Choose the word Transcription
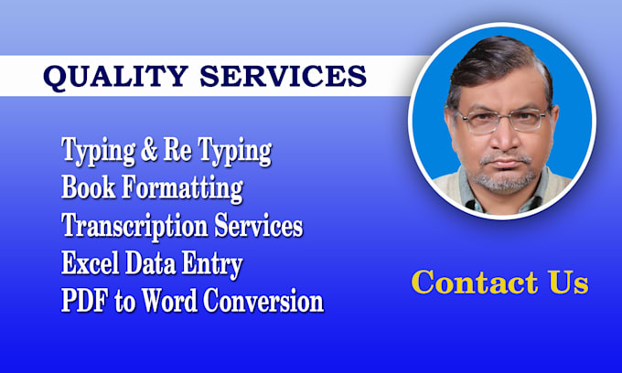133,226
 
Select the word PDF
81,301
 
